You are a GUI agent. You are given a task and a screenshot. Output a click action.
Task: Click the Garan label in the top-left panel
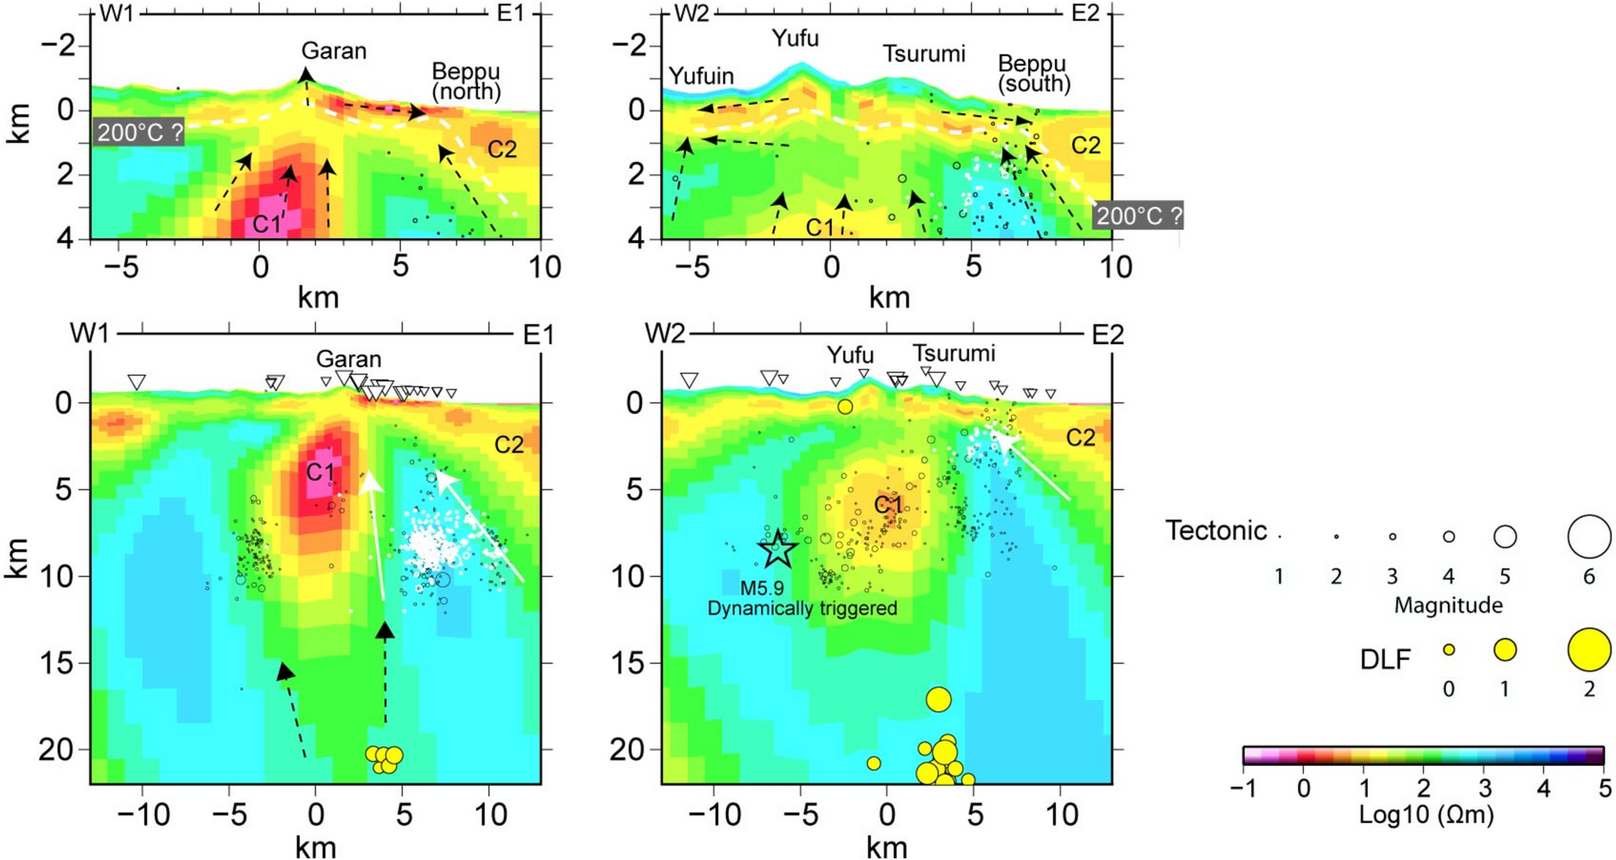pyautogui.click(x=333, y=51)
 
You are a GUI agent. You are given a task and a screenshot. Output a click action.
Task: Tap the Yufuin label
pyautogui.click(x=701, y=77)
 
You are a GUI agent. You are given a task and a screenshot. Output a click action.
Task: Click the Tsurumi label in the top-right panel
pyautogui.click(x=924, y=54)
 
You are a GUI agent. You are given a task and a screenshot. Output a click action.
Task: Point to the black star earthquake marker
pyautogui.click(x=777, y=550)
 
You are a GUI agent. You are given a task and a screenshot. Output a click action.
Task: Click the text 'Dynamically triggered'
pyautogui.click(x=802, y=609)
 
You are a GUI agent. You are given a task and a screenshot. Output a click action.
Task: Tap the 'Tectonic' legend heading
pyautogui.click(x=1215, y=531)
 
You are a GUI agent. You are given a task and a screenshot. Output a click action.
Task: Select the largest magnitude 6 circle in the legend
pyautogui.click(x=1589, y=536)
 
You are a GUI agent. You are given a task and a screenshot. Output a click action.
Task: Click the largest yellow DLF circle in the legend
pyautogui.click(x=1589, y=649)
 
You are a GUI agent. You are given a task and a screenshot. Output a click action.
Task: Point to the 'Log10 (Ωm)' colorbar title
pyautogui.click(x=1426, y=816)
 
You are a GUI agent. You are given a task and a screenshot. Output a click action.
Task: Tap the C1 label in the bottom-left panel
pyautogui.click(x=320, y=473)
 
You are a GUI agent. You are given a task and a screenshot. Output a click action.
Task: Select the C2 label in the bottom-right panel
pyautogui.click(x=1080, y=438)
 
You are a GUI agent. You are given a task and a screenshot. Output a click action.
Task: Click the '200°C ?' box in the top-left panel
pyautogui.click(x=138, y=132)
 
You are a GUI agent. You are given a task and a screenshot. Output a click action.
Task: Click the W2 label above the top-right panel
pyautogui.click(x=691, y=15)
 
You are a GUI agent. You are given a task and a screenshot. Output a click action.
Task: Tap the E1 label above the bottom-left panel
pyautogui.click(x=539, y=335)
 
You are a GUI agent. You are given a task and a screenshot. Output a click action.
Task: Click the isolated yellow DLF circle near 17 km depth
pyautogui.click(x=938, y=700)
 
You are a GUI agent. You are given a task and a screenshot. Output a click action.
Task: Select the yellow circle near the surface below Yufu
pyautogui.click(x=845, y=407)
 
